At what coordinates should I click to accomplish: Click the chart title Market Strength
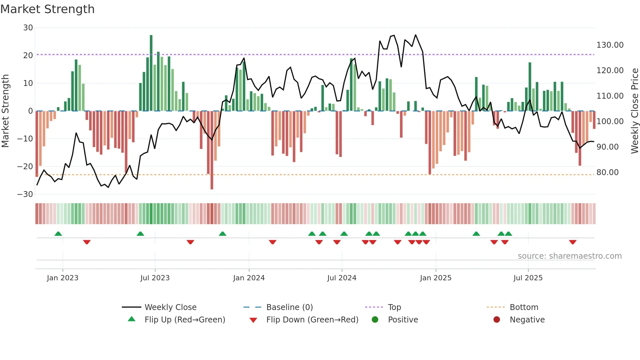pos(47,9)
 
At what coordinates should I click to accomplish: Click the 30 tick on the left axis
pos(28,28)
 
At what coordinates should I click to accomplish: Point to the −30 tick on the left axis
pos(25,194)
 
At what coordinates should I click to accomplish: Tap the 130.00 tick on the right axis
pos(610,45)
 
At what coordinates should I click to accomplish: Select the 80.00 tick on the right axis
pos(607,172)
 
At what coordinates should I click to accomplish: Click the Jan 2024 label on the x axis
pos(248,278)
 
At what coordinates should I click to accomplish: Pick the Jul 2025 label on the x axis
pos(528,278)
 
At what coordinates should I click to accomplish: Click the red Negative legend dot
pos(497,320)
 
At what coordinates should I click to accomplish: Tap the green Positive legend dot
pos(375,320)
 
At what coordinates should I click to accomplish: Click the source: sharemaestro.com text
pos(569,256)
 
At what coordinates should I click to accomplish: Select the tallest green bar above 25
pos(151,72)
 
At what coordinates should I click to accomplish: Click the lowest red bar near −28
pos(212,150)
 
